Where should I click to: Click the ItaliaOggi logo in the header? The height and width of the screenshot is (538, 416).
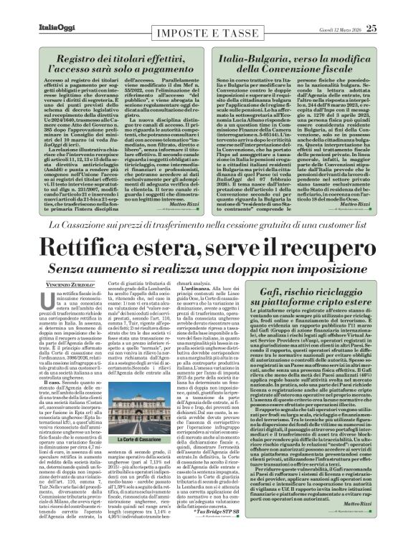pyautogui.click(x=37, y=9)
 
